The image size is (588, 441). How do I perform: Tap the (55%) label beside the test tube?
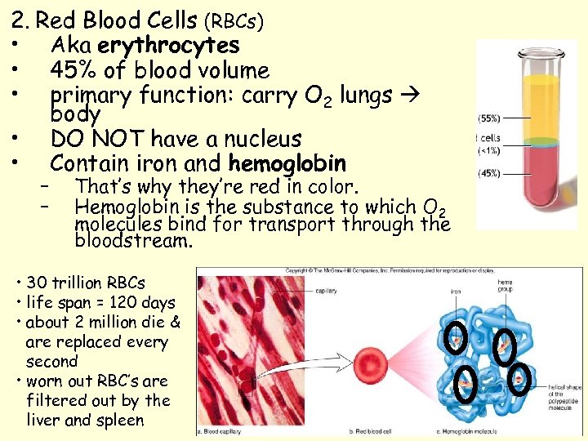click(490, 118)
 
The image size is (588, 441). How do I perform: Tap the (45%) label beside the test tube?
click(490, 172)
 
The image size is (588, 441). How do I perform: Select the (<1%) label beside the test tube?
click(490, 150)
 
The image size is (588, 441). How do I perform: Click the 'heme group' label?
click(506, 285)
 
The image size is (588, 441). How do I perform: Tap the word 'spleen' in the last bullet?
click(122, 421)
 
